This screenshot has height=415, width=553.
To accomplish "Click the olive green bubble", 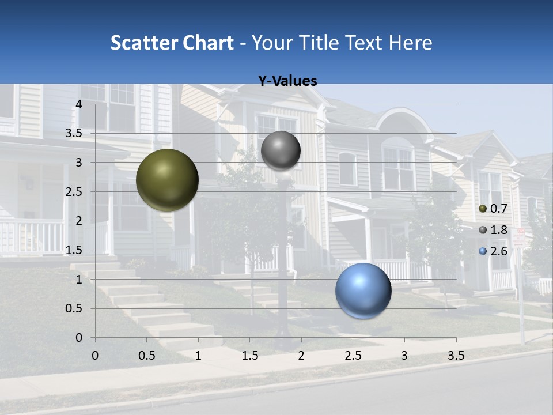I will pos(167,180).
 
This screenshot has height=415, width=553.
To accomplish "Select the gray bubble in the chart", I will pos(281,150).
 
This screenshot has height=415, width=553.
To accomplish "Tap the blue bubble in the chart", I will pos(363,290).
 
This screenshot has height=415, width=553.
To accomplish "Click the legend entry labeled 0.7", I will pos(494,209).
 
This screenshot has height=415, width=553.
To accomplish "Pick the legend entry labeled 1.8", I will pos(494,230).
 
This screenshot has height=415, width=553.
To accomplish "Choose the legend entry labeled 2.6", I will pos(494,251).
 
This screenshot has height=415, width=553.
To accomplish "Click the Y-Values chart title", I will pos(287,81).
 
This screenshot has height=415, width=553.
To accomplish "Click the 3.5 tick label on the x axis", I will pos(456,356).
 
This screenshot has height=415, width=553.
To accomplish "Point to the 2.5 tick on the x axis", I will pos(353,356).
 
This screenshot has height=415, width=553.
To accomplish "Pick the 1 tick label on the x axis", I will pos(198,356).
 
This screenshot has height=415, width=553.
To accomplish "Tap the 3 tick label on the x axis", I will pos(404,356).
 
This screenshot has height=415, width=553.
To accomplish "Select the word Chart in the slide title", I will pos(208,43).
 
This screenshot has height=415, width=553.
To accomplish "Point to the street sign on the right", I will pos(519,238).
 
